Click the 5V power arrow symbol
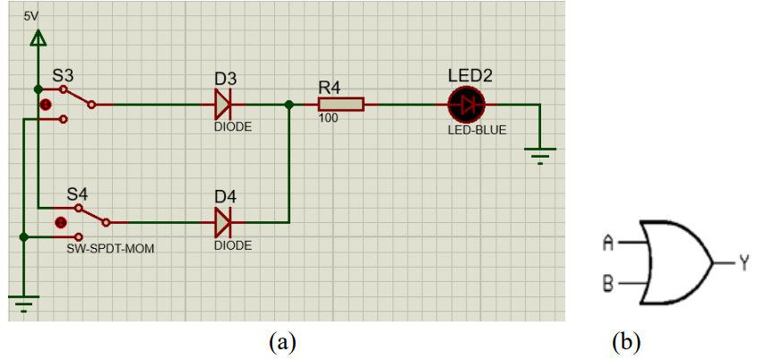pyautogui.click(x=37, y=39)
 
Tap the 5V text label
pyautogui.click(x=30, y=17)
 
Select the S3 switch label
pyautogui.click(x=64, y=76)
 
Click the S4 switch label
pyautogui.click(x=78, y=195)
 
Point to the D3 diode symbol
pyautogui.click(x=223, y=105)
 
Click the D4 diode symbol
pyautogui.click(x=223, y=223)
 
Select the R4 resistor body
pyautogui.click(x=340, y=105)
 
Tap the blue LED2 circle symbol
pyautogui.click(x=467, y=105)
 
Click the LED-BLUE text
pyautogui.click(x=477, y=131)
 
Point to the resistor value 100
pyautogui.click(x=328, y=118)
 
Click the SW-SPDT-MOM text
pyautogui.click(x=110, y=249)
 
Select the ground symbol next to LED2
pyautogui.click(x=540, y=155)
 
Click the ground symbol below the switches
pyautogui.click(x=23, y=304)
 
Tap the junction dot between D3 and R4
pyautogui.click(x=289, y=105)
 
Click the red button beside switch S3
pyautogui.click(x=46, y=105)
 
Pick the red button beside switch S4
pyautogui.click(x=61, y=223)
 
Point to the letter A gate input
pyautogui.click(x=608, y=243)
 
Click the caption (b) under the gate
pyautogui.click(x=626, y=342)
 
